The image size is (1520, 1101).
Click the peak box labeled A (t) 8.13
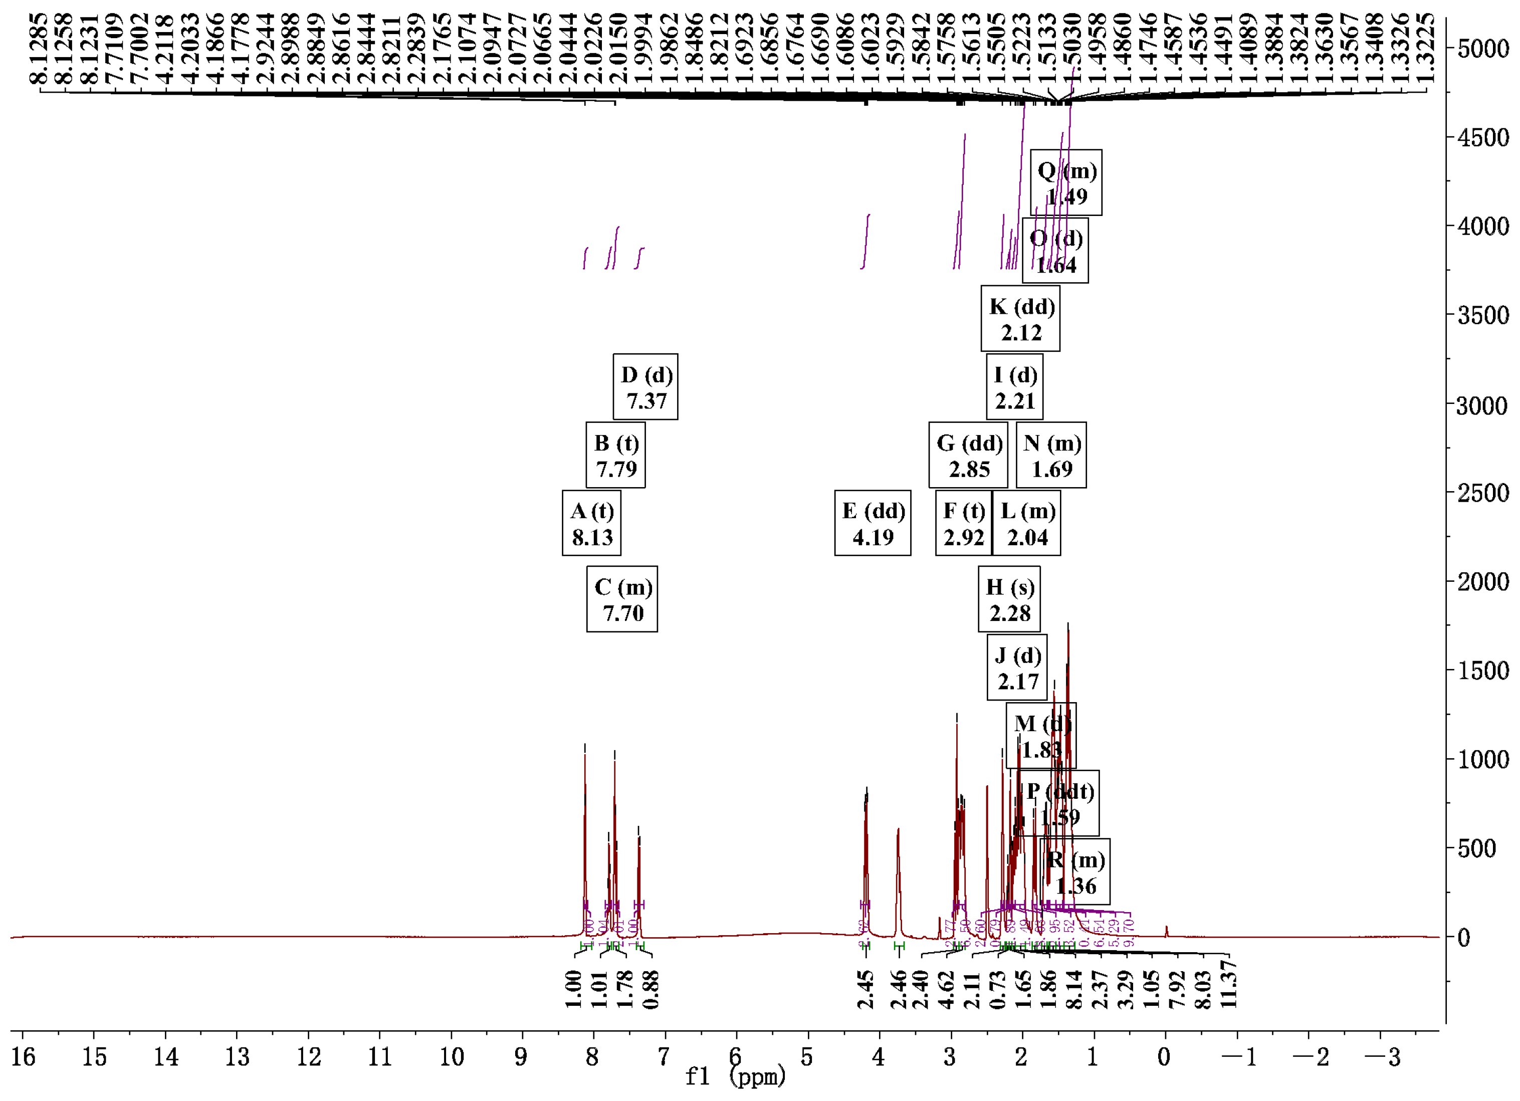(x=591, y=523)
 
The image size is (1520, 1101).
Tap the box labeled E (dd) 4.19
(x=872, y=523)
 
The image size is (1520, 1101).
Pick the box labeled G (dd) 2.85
(x=968, y=456)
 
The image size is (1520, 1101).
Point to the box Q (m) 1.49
(x=1065, y=183)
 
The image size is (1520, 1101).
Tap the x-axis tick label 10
(x=451, y=1057)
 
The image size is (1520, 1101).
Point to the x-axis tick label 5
(x=807, y=1057)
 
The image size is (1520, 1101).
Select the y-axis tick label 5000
(x=1482, y=49)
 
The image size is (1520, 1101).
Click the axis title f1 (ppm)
(x=735, y=1077)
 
